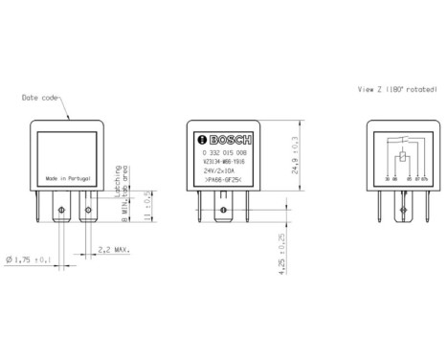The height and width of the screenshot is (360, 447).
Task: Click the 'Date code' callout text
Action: tap(43, 97)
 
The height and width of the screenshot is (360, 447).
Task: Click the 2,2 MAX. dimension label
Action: tap(114, 251)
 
